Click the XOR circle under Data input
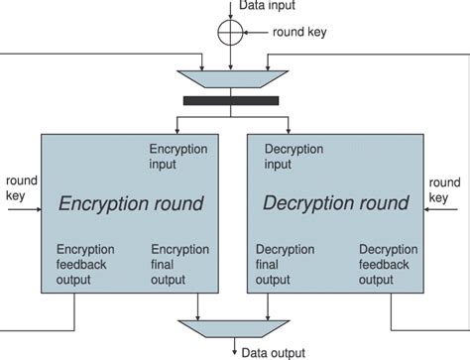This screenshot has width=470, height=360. pos(231,33)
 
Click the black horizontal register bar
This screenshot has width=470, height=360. pos(231,99)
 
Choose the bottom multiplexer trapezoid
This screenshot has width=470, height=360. pos(231,327)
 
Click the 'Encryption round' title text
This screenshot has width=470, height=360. pos(131,204)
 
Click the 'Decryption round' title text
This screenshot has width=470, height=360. pos(335,204)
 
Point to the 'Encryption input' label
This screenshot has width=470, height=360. pos(178,157)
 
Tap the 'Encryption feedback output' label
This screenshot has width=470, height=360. pos(85,265)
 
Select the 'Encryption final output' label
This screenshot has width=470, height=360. pos(179,265)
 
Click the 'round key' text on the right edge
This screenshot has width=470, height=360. pos(445,190)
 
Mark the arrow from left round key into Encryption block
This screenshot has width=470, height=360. pos(30,209)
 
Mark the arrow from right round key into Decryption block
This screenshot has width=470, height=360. pos(436,210)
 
